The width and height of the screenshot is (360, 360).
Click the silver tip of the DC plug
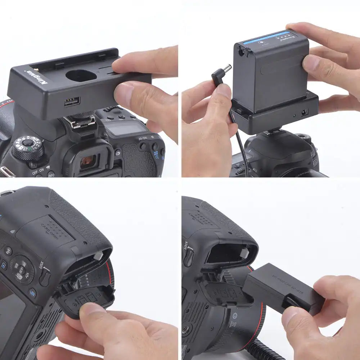(x=228, y=69)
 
